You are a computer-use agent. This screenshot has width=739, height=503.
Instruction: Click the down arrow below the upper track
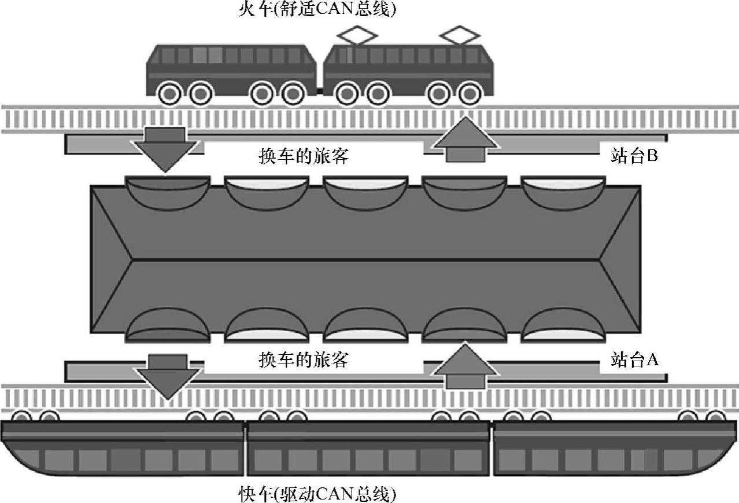(x=165, y=148)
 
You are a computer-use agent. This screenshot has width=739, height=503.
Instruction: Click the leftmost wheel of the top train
(x=171, y=93)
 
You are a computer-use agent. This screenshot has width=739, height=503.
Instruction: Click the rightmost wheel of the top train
(x=469, y=93)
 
